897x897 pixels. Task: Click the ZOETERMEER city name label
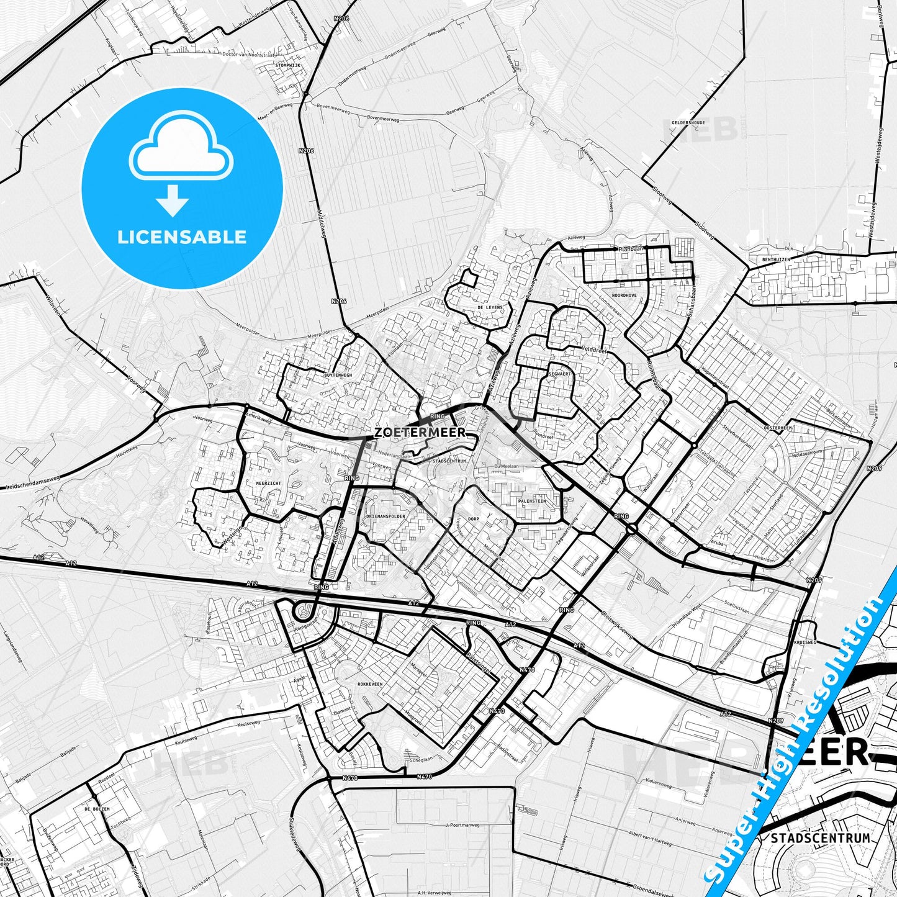point(420,432)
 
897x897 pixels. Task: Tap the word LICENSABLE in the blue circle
point(182,237)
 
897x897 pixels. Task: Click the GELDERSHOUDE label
point(688,123)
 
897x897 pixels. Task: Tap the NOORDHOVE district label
point(624,295)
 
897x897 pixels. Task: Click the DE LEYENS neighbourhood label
point(489,307)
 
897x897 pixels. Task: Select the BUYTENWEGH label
point(338,376)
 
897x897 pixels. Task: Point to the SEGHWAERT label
point(559,374)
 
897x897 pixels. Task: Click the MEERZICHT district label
point(268,482)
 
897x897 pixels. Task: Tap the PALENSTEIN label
point(531,500)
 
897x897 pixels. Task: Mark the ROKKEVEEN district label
point(370,683)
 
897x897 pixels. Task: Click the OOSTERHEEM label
point(778,428)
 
